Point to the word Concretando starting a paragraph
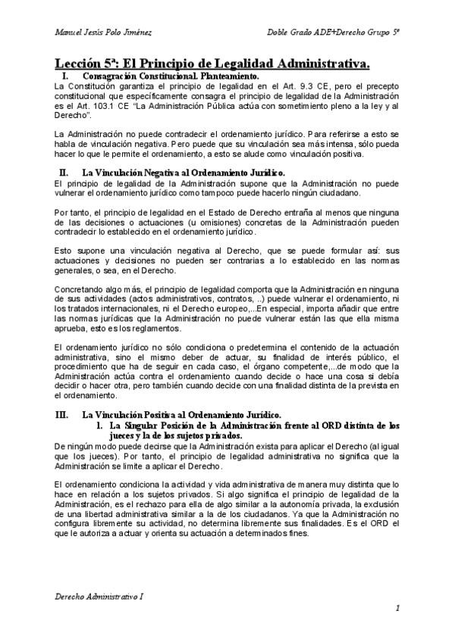[x=80, y=290]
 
